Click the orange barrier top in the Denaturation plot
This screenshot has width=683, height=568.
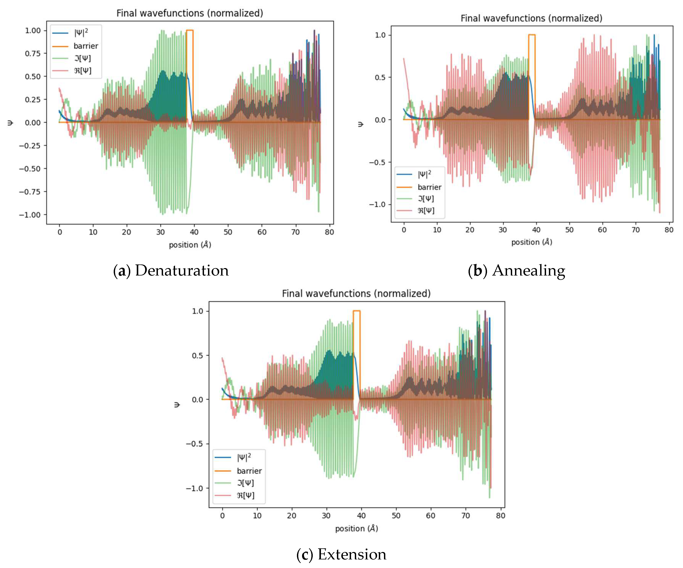tap(190, 30)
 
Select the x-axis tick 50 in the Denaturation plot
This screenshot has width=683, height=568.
tap(228, 232)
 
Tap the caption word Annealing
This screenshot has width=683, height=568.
tap(529, 271)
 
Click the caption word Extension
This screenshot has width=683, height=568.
tap(352, 554)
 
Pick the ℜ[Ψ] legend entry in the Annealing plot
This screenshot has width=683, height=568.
tap(426, 210)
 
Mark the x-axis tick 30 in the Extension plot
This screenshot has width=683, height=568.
tap(326, 516)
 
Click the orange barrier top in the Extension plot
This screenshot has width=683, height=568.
tap(357, 311)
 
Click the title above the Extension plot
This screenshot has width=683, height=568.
tap(356, 294)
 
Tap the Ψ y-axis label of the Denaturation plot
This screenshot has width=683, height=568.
tap(10, 123)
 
